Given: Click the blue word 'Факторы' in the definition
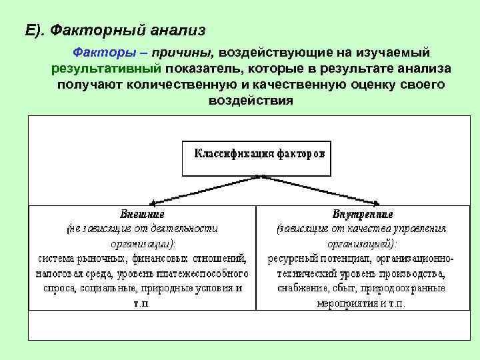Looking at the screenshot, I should [x=97, y=52].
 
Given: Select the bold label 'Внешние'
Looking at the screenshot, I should [x=141, y=215].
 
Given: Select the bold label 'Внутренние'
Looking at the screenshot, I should [x=362, y=215].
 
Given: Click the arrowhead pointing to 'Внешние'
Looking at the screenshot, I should [x=153, y=201].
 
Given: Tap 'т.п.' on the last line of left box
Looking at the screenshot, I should [x=142, y=303].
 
